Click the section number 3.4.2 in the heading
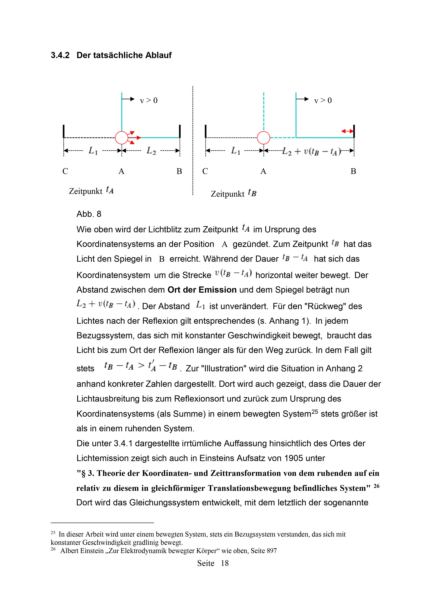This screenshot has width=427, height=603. (x=60, y=55)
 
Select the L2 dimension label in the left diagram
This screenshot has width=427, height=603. (x=151, y=151)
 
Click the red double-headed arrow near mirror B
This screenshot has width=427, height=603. (x=347, y=131)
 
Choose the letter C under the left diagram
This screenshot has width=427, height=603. (x=65, y=171)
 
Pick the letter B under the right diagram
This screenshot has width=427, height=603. (x=353, y=171)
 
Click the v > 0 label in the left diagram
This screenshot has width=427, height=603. (x=149, y=101)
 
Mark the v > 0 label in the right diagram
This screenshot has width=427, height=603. (x=323, y=101)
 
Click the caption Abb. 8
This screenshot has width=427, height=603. (x=89, y=214)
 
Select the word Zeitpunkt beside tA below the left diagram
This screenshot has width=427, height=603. (x=86, y=191)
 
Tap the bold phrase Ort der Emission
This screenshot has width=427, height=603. (x=202, y=290)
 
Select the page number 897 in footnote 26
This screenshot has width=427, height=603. (x=272, y=551)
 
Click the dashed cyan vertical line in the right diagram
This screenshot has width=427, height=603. (x=264, y=112)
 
